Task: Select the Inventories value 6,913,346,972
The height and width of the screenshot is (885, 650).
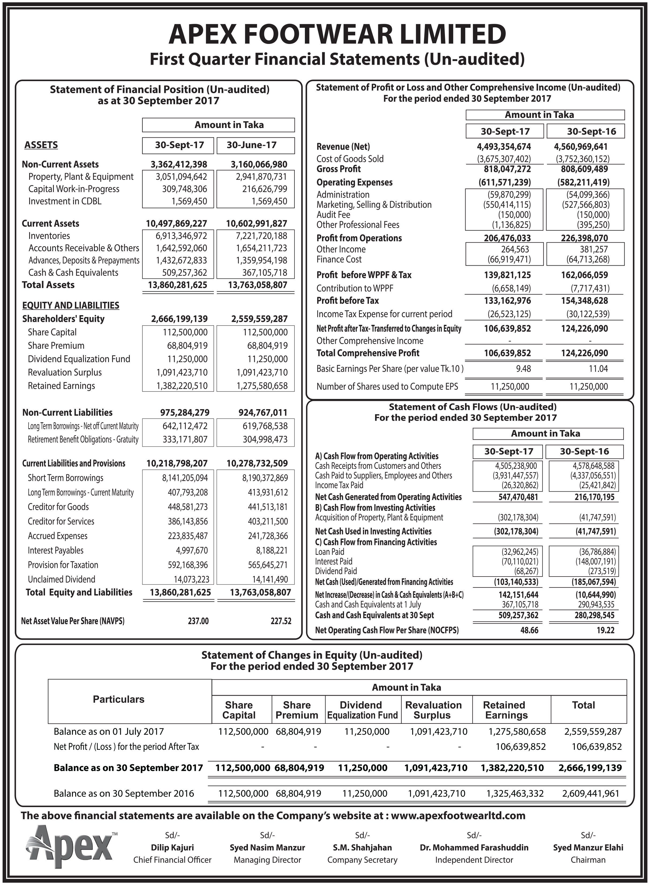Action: tap(182, 236)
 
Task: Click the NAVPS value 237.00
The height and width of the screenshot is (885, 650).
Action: tap(198, 621)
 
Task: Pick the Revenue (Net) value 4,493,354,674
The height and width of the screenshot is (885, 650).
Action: tap(504, 147)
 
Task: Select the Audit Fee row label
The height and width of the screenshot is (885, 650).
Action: tap(333, 214)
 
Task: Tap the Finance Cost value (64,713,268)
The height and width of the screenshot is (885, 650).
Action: tap(586, 259)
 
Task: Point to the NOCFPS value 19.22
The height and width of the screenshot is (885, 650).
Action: tap(605, 630)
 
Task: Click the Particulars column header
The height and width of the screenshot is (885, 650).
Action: tap(118, 699)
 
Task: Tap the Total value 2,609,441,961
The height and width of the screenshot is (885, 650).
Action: tap(591, 793)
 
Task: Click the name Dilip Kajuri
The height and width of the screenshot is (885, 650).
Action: tap(172, 847)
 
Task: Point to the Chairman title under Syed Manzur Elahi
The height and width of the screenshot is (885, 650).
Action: tap(588, 860)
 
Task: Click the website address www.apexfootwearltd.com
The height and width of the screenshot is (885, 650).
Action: tap(458, 815)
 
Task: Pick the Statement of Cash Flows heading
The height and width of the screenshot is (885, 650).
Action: tap(472, 406)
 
